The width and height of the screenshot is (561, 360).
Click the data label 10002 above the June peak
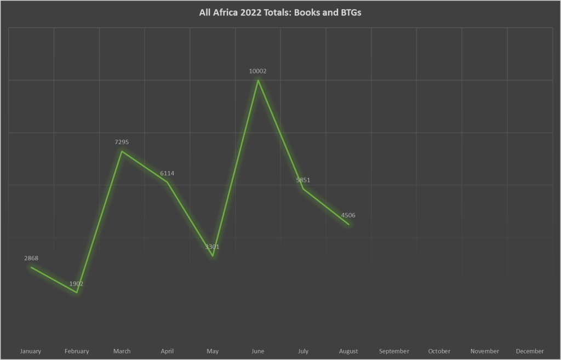(257, 71)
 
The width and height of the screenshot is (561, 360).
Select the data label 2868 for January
(31, 258)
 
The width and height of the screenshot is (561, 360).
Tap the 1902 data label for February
(76, 284)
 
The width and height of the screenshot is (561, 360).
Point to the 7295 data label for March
(122, 142)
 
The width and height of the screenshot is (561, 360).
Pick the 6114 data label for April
(167, 174)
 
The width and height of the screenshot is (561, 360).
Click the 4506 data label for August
(348, 215)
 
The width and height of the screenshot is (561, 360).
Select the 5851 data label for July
(303, 180)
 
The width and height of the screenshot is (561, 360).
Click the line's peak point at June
(258, 81)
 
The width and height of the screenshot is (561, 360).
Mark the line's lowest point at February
(77, 293)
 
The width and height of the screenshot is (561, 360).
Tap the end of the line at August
(348, 224)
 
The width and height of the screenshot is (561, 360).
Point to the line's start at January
(31, 267)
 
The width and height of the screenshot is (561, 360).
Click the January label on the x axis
(31, 351)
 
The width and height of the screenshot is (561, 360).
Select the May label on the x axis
(213, 351)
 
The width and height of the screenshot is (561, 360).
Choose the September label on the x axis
(394, 351)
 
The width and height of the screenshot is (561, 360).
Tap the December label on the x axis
(530, 351)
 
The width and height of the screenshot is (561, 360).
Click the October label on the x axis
(439, 351)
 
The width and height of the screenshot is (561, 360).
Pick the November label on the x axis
(485, 351)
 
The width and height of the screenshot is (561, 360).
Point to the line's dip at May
(213, 256)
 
